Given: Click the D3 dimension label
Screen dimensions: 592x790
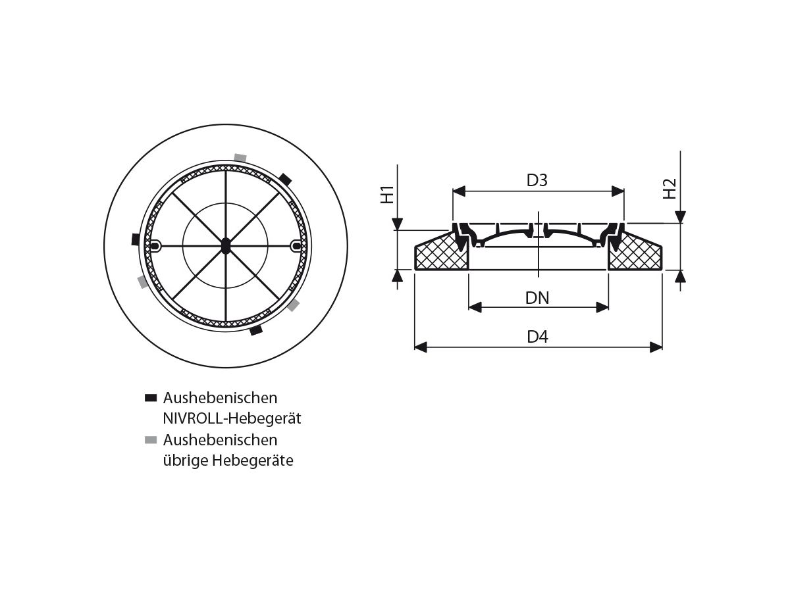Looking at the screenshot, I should tap(537, 180).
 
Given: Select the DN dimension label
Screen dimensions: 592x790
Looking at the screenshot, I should tap(537, 298).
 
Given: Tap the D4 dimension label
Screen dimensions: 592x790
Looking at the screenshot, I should tap(537, 337).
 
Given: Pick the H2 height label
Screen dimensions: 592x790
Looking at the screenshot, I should tap(670, 189).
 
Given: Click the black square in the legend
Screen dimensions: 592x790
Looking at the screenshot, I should tap(151, 398).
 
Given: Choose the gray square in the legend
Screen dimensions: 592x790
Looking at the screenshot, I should tap(151, 439).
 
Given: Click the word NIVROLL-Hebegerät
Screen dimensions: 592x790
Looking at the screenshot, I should tap(232, 418).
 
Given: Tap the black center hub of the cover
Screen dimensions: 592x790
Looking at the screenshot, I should tap(226, 245).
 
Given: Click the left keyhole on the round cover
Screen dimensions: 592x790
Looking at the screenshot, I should tap(155, 246).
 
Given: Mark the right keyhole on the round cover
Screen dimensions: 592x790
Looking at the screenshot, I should tap(297, 246).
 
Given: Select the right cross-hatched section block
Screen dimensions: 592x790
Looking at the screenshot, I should tap(635, 256).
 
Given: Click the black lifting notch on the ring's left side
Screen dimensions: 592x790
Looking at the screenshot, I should tap(135, 239).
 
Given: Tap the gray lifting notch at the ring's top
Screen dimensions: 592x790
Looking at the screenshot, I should tap(240, 158).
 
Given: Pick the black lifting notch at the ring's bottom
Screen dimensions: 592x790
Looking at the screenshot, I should tap(256, 330).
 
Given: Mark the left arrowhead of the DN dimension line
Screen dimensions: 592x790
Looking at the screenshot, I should tap(475, 307).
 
